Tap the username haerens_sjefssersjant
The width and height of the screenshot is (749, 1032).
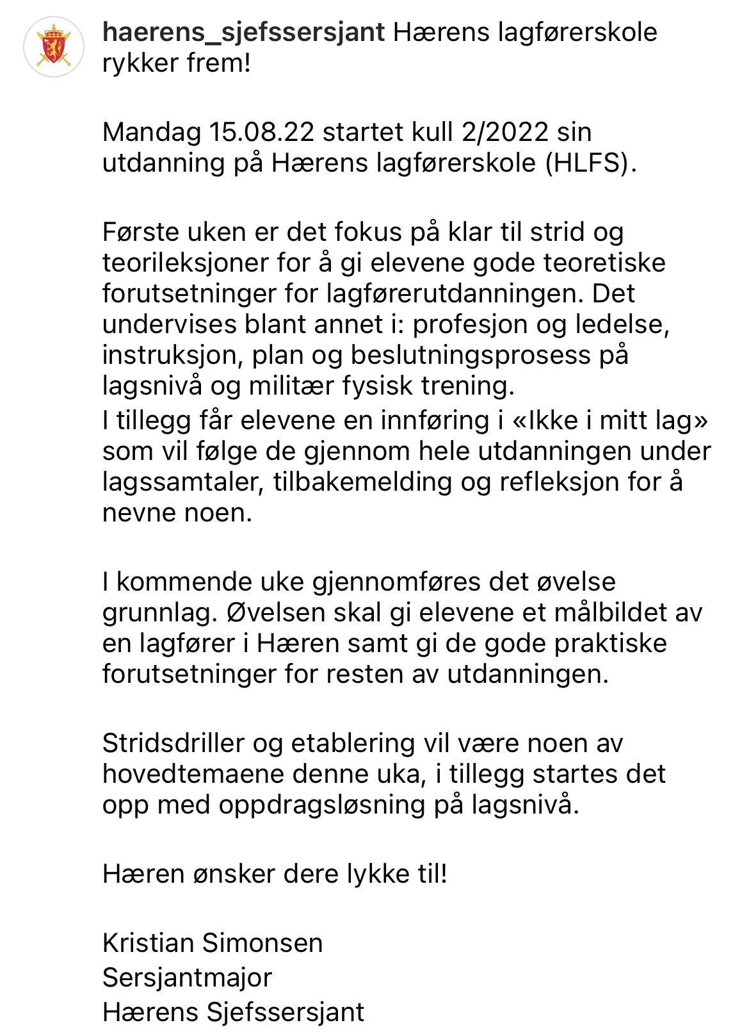tap(243, 32)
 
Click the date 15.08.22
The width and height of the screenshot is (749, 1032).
tap(262, 132)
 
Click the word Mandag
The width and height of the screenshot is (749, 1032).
tap(152, 132)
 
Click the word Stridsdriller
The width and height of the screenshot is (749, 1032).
tap(173, 743)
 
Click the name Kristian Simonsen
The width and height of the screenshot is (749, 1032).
tap(213, 943)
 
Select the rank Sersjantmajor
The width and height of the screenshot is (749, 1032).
tap(187, 978)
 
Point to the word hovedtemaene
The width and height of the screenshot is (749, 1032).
tap(193, 774)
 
